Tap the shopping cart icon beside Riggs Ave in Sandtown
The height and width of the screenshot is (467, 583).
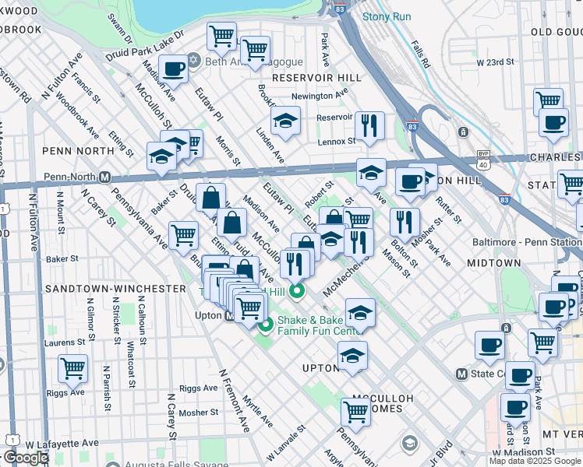pos(72,369)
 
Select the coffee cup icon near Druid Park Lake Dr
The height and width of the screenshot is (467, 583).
pos(173,68)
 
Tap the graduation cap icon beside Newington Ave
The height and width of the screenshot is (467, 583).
pos(285,121)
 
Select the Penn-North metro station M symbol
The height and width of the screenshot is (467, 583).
pos(104,177)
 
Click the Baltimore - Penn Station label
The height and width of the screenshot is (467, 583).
pos(526,242)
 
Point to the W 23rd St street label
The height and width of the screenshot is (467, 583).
pos(496,61)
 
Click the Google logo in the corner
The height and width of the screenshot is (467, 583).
pos(26,458)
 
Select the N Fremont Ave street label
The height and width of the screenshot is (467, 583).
pos(235,400)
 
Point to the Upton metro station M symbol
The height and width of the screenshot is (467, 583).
pos(229,316)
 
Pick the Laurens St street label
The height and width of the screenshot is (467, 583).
pos(64,342)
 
